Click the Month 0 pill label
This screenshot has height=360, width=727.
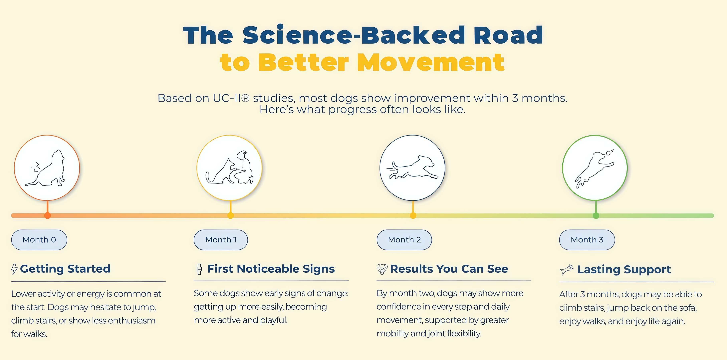coord(39,240)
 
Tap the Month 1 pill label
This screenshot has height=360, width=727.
coord(221,240)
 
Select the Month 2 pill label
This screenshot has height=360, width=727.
coord(404,240)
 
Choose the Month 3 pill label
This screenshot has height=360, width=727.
coord(587,240)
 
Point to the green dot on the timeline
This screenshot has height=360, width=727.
coord(596,216)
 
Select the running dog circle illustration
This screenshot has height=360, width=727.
coord(412,168)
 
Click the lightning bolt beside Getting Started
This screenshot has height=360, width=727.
coord(14,269)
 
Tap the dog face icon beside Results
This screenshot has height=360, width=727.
coord(382,269)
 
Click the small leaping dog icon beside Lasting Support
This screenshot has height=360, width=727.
coord(566,270)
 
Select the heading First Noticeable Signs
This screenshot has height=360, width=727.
coord(271,269)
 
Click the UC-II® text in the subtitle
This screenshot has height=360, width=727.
coord(231,98)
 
